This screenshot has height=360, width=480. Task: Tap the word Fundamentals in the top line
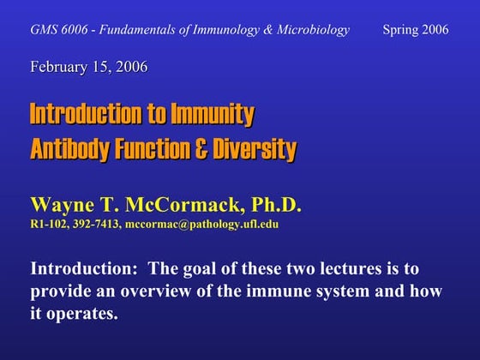(x=139, y=30)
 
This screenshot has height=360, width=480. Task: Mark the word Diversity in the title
(x=254, y=150)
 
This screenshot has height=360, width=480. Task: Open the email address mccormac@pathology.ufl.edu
(x=201, y=225)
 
